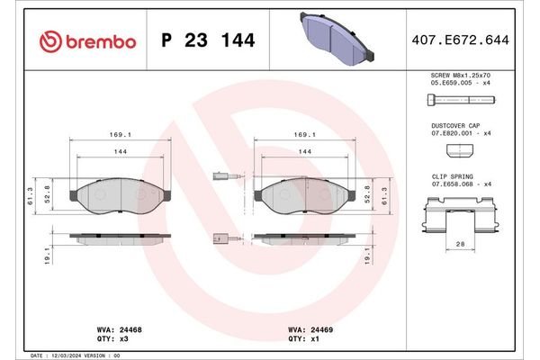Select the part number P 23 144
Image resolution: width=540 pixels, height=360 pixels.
(x=207, y=41)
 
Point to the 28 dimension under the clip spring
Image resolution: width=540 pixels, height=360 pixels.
(x=460, y=245)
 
